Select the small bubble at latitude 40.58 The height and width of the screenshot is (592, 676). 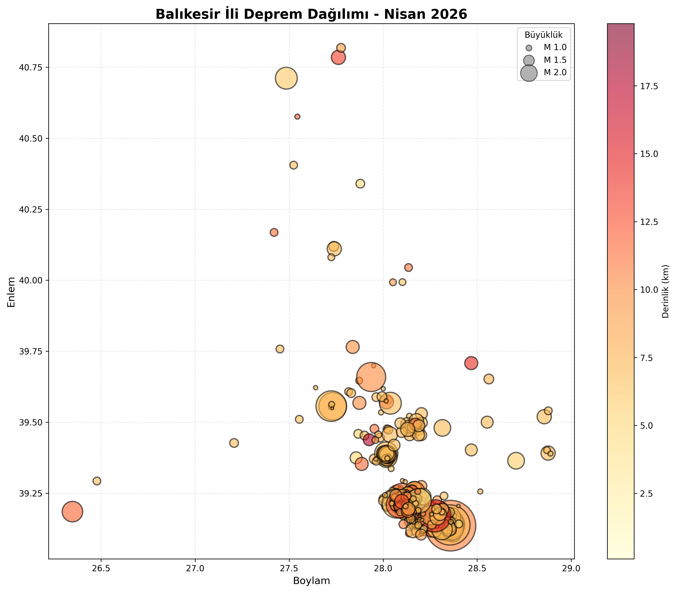(297, 117)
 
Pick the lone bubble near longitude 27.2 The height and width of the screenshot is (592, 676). (234, 443)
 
